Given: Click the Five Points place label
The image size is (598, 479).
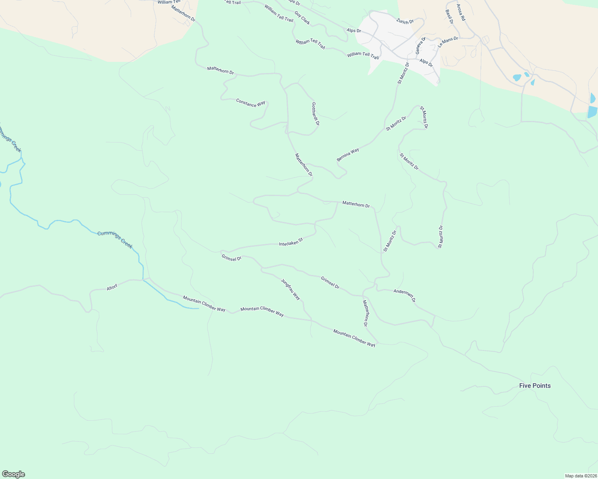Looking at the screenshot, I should click(x=534, y=386).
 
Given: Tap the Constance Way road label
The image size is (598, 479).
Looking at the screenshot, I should click(x=251, y=103).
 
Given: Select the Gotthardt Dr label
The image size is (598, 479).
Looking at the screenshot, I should click(x=315, y=114).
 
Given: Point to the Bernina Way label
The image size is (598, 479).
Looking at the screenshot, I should click(x=348, y=155).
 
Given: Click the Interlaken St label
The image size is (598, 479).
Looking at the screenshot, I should click(x=291, y=242).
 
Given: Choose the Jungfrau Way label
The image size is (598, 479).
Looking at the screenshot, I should click(x=291, y=289).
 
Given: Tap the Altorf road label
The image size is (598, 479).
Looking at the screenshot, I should click(x=112, y=287).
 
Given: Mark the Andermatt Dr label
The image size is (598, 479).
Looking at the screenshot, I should click(x=405, y=296).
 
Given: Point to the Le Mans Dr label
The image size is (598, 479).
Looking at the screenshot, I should click(x=448, y=42).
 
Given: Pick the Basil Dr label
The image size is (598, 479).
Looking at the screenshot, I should click(x=449, y=17).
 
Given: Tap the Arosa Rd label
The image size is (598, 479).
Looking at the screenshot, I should click(x=460, y=13).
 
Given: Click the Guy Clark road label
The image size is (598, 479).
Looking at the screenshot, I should click(x=302, y=18).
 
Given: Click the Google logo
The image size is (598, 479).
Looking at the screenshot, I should click(x=13, y=474).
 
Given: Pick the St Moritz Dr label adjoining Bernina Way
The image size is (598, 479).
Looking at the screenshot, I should click(x=396, y=124).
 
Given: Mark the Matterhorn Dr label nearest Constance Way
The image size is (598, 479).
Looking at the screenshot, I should click(x=220, y=71).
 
